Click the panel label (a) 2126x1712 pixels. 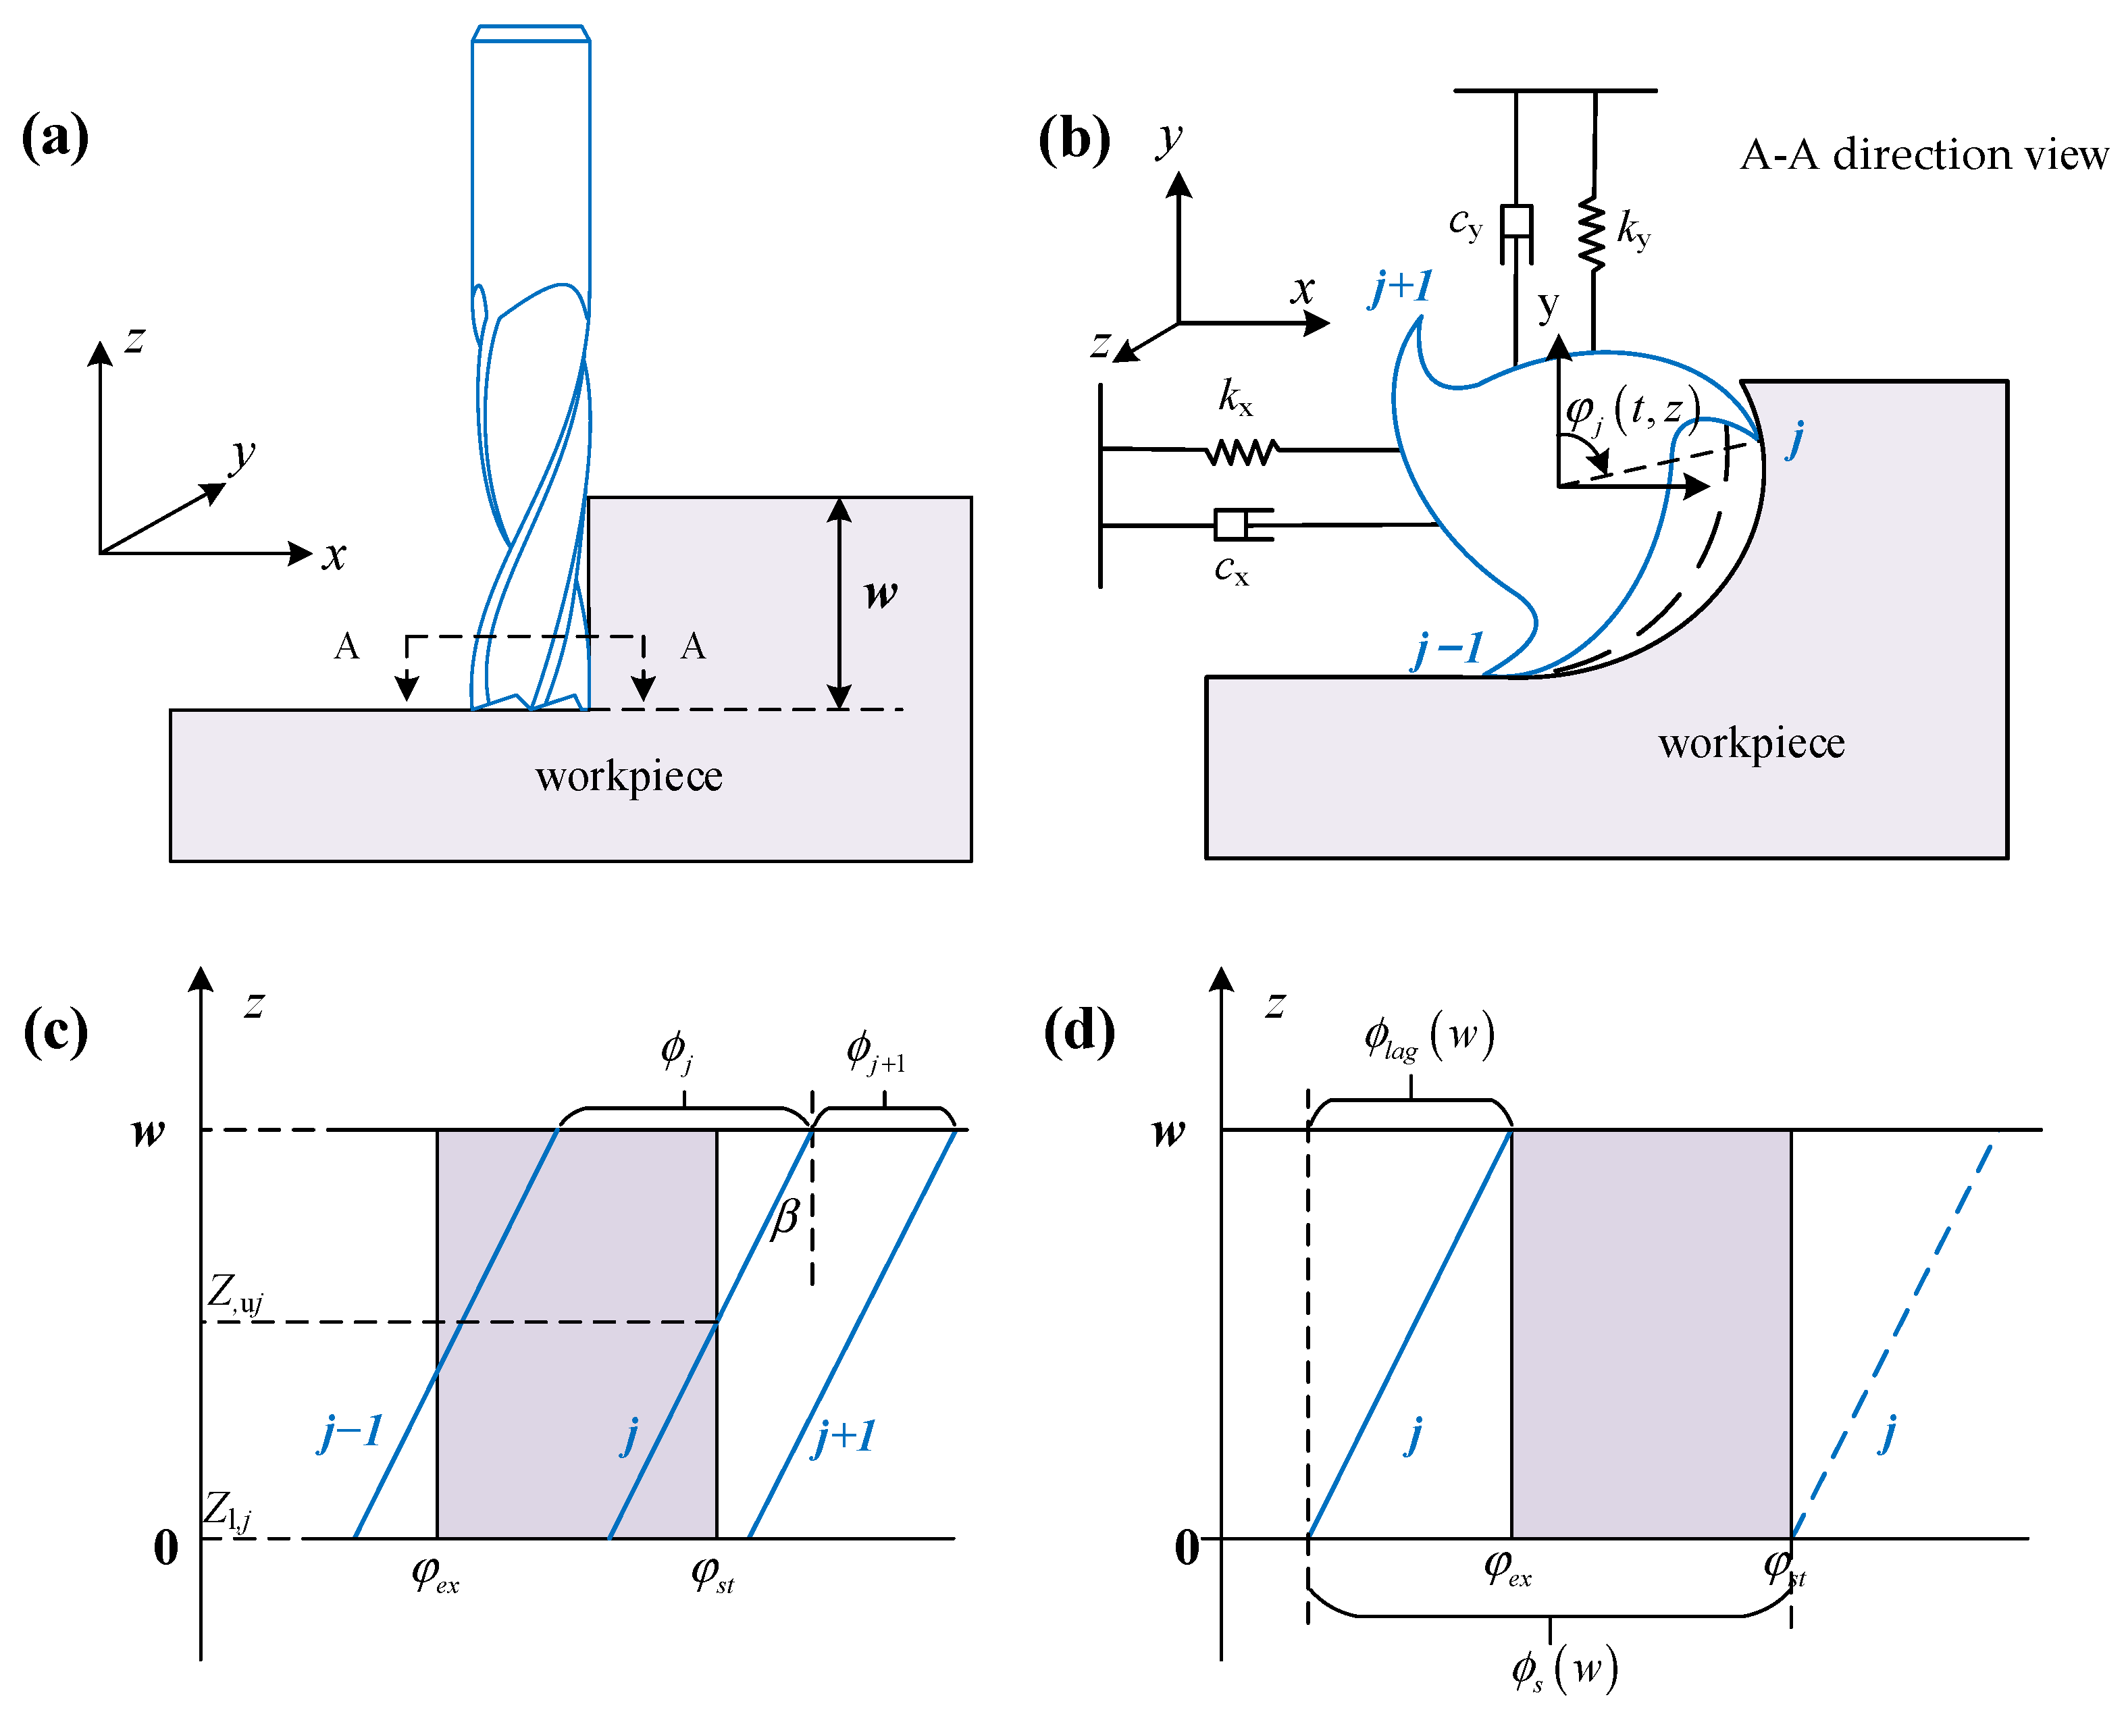coord(55,137)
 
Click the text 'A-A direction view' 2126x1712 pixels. coord(1923,155)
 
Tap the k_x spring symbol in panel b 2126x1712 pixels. coord(1243,452)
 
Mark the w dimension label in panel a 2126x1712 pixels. coord(881,593)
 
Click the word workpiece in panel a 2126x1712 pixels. coord(629,776)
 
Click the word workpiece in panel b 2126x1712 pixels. coord(1751,744)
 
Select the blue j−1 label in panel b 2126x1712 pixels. coord(1447,649)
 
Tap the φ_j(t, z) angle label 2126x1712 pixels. coord(1632,409)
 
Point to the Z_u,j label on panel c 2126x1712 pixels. coord(236,1295)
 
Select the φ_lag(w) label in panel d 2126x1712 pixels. coord(1429,1037)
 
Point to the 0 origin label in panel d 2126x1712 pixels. coord(1187,1547)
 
